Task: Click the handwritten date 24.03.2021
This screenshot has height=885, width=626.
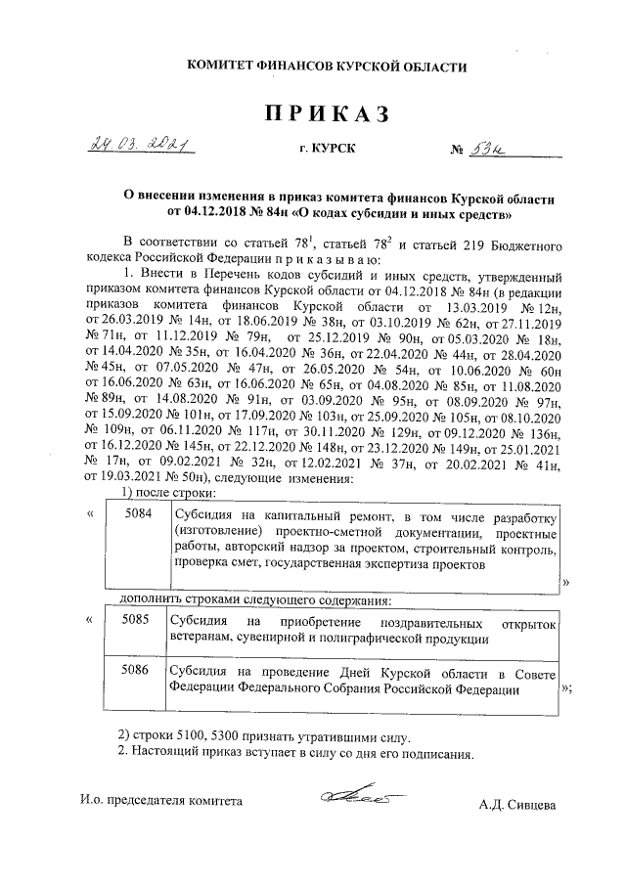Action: pos(144,146)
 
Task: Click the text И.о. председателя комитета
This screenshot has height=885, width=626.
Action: pos(160,802)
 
